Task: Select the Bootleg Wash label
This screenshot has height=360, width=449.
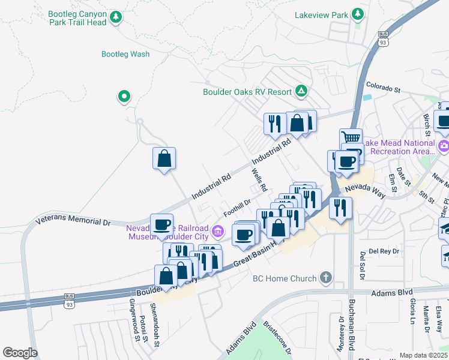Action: (x=125, y=54)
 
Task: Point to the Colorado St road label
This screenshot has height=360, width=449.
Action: (x=383, y=89)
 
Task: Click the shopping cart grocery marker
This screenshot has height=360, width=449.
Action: (x=351, y=139)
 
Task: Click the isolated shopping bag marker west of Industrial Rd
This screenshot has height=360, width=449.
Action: (x=164, y=159)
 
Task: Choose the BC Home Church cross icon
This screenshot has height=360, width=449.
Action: (x=325, y=278)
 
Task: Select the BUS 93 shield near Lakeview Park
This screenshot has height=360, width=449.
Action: (x=383, y=38)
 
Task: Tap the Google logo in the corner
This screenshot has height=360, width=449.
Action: (x=20, y=353)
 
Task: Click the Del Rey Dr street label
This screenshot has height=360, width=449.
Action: (x=381, y=251)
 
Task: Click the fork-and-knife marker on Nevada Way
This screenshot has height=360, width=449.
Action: (x=340, y=208)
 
